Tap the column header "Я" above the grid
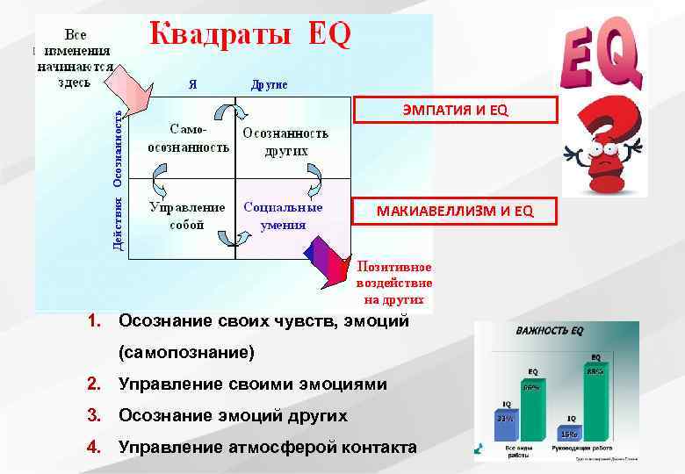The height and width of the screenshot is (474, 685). (x=191, y=85)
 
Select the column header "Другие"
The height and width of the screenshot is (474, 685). (x=269, y=85)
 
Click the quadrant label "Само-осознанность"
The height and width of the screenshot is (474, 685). (x=188, y=138)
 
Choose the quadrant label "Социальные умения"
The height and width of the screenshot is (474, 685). (x=283, y=216)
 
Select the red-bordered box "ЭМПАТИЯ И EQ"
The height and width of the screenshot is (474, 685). (x=455, y=109)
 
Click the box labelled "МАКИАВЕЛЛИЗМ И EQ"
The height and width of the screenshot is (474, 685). (x=455, y=211)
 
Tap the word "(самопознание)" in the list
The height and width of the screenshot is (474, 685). (x=186, y=353)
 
